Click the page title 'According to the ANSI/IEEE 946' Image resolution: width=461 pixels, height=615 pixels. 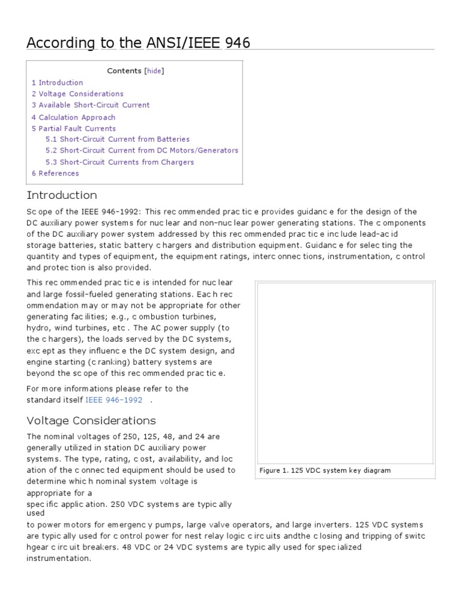click(x=139, y=43)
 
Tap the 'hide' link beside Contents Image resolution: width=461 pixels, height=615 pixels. click(x=154, y=71)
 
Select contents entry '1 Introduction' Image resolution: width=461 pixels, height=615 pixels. click(x=58, y=82)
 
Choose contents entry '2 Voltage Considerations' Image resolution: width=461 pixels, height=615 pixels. click(x=77, y=94)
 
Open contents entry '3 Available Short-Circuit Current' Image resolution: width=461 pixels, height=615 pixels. click(x=91, y=105)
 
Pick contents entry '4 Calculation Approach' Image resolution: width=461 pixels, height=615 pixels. click(x=73, y=117)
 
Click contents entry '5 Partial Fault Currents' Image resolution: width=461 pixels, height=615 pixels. click(x=74, y=129)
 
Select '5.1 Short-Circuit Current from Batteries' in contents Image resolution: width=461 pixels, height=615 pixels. click(x=118, y=139)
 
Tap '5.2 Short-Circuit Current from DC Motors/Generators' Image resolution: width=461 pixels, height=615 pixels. click(x=142, y=150)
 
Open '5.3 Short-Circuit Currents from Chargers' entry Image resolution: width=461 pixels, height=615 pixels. click(x=119, y=162)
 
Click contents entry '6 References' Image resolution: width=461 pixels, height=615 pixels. click(x=55, y=174)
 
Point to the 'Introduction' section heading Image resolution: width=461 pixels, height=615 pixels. click(x=62, y=195)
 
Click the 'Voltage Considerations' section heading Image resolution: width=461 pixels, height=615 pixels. click(x=91, y=420)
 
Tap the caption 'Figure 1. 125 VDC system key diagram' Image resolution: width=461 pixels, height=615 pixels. click(x=325, y=470)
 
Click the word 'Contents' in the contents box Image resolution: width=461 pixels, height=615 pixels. click(x=124, y=71)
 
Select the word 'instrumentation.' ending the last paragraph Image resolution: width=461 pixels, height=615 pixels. click(x=59, y=559)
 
